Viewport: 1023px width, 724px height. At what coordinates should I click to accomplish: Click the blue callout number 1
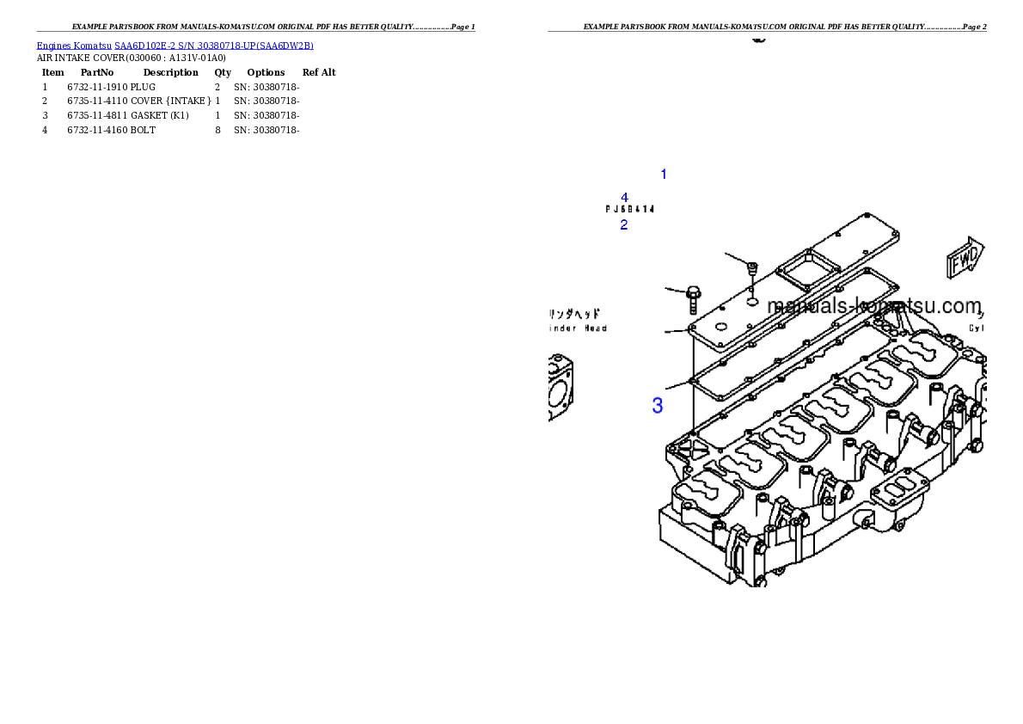point(663,175)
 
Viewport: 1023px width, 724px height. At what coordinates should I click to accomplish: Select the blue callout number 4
point(624,198)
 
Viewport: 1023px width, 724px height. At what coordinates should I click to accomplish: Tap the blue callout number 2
point(624,225)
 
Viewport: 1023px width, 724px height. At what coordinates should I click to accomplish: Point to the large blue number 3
point(658,406)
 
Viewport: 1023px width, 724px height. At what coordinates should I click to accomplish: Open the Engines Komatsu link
point(74,45)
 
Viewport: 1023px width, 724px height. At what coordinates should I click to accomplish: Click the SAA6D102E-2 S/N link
point(214,45)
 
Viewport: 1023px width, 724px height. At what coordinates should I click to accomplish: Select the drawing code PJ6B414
point(630,209)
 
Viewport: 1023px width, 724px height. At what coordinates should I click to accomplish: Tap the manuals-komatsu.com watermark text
point(873,306)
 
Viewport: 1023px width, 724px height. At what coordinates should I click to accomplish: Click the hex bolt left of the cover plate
point(694,298)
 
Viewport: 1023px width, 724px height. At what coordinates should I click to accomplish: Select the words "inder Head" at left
point(579,328)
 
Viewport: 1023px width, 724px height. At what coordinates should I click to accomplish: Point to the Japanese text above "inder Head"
point(575,314)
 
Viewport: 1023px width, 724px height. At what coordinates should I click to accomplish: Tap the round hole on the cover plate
point(751,302)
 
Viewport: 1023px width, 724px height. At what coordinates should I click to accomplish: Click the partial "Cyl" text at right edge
point(977,328)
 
